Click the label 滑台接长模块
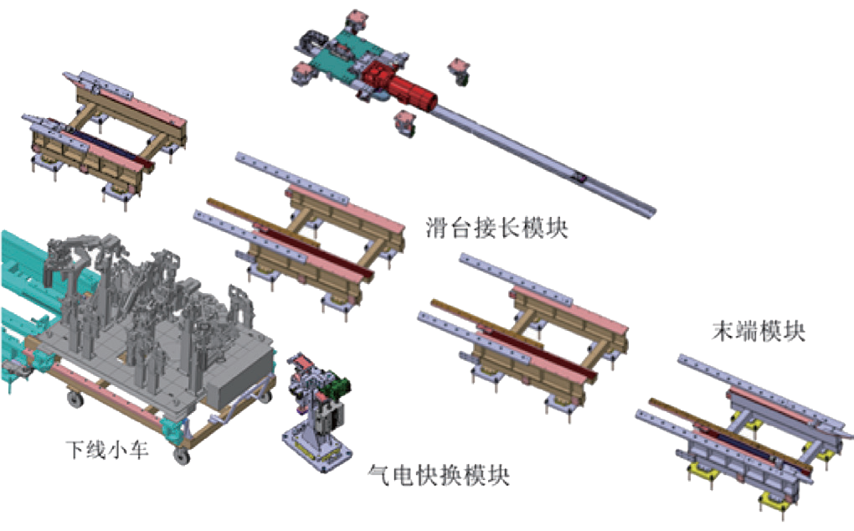(x=496, y=228)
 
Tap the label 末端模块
(x=759, y=331)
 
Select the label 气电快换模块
(x=440, y=475)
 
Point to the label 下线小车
(x=107, y=450)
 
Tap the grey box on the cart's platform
(x=240, y=374)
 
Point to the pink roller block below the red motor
(x=404, y=123)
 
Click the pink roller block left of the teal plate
(x=301, y=72)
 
